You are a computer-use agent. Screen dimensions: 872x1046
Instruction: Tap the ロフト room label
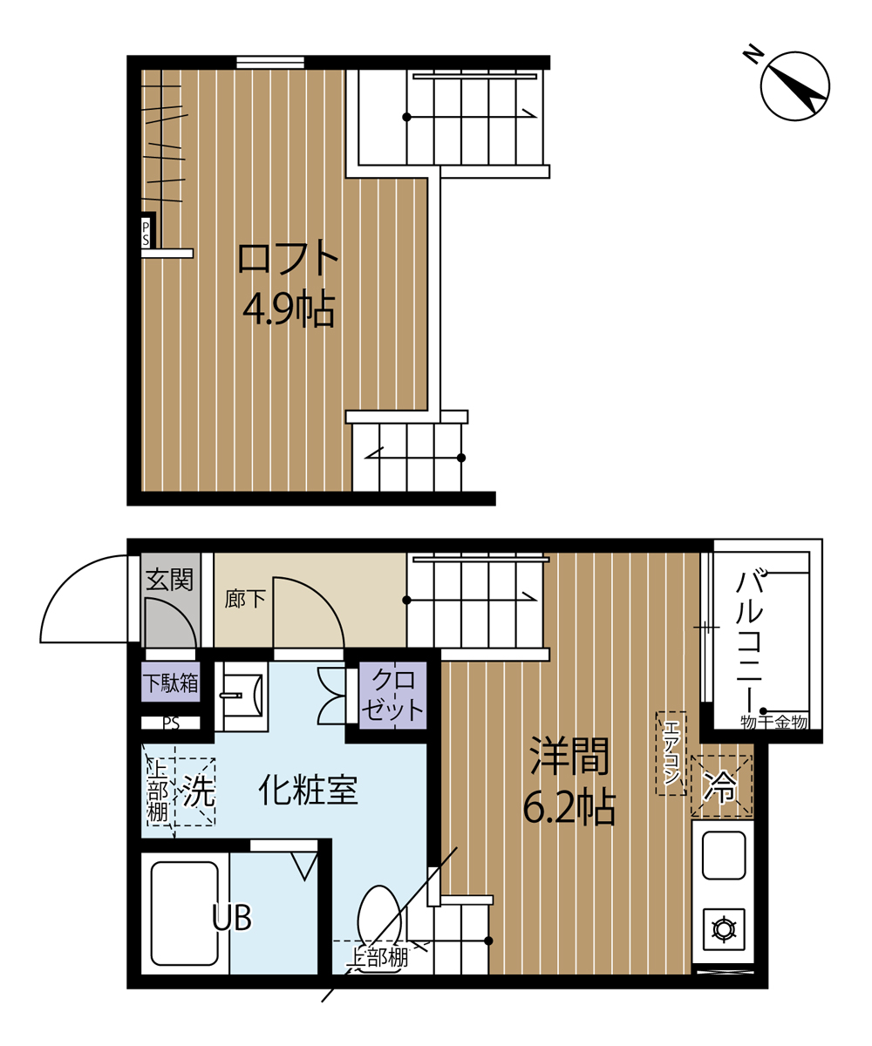tap(288, 260)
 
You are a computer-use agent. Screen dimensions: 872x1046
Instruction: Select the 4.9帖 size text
tap(289, 309)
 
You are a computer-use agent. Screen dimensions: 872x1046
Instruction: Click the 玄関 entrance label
tap(169, 580)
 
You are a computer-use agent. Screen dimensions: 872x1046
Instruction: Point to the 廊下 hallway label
tap(245, 599)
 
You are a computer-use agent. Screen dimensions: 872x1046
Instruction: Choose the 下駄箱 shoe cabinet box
tap(171, 683)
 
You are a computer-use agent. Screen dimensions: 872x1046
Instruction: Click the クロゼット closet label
tap(392, 695)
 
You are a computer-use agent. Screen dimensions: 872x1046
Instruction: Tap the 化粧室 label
tap(308, 791)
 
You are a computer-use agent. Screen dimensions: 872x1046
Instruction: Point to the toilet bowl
tap(379, 922)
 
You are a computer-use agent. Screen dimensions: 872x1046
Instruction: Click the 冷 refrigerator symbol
tap(721, 785)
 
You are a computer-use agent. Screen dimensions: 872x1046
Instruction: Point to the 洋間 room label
tap(569, 756)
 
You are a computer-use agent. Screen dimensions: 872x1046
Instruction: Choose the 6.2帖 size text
tap(569, 806)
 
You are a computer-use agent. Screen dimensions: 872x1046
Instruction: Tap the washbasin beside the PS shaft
tap(242, 696)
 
